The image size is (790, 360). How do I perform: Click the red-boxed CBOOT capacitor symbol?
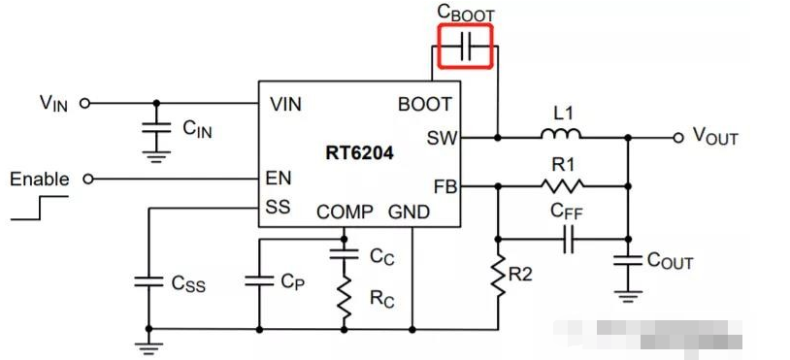point(466,47)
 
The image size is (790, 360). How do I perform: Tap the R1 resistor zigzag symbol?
point(563,185)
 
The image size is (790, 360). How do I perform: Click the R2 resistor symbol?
point(498,278)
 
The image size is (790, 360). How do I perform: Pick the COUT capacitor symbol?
point(629,260)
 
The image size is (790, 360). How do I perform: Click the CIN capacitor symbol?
point(154,126)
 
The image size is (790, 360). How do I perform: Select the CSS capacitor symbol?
point(148,281)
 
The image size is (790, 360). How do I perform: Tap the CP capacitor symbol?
point(259,281)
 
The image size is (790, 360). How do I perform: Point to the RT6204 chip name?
point(359,152)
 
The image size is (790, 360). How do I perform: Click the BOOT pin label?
point(424,104)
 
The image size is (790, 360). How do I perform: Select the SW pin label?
point(440,138)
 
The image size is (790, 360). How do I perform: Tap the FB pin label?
point(442,185)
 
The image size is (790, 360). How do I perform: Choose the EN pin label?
point(278,179)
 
